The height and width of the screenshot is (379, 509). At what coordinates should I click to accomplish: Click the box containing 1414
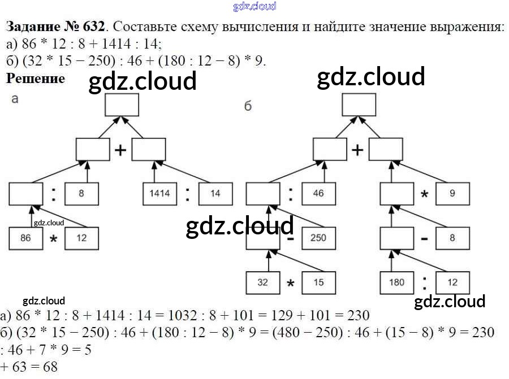(159, 193)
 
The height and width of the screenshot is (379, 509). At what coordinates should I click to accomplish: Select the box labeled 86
(25, 238)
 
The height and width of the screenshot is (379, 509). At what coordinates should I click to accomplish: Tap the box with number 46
(318, 193)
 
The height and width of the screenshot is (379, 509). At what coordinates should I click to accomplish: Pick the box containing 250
(318, 238)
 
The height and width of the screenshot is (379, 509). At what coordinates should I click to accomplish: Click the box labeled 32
(262, 282)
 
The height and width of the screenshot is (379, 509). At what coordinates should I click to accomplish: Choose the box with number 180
(396, 282)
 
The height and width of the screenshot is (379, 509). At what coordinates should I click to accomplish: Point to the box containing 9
(452, 193)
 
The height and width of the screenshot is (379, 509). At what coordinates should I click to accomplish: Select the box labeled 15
(318, 282)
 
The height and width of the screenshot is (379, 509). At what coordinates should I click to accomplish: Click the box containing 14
(215, 193)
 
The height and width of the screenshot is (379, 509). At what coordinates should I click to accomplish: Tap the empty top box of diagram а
(122, 105)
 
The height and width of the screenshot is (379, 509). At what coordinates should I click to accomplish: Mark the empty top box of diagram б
(359, 105)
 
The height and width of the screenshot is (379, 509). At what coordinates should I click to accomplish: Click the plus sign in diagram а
(120, 150)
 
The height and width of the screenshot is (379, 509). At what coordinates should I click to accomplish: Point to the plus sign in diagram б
(357, 150)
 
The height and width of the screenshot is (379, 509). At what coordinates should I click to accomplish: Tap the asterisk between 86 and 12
(54, 240)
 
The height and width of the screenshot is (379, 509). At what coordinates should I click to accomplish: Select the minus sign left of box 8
(424, 239)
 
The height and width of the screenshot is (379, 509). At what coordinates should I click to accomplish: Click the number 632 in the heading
(93, 27)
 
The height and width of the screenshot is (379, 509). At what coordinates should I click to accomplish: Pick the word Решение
(35, 79)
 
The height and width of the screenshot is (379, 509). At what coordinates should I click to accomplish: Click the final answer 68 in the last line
(50, 367)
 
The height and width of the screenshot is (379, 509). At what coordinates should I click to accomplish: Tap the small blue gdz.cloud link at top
(255, 6)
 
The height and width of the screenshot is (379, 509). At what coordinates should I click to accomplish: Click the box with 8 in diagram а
(81, 193)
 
